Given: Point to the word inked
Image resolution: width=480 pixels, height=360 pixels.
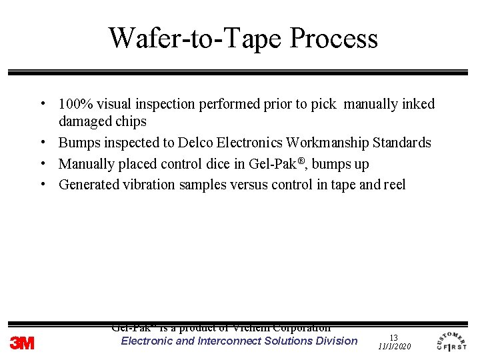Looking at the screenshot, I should click(x=418, y=104).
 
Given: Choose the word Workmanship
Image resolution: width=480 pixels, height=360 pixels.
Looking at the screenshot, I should click(x=327, y=143).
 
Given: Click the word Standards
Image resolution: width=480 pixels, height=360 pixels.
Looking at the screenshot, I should click(x=402, y=143).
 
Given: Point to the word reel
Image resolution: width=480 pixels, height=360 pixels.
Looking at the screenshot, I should click(x=395, y=185).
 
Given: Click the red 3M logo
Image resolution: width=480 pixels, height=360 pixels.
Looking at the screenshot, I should click(x=22, y=343).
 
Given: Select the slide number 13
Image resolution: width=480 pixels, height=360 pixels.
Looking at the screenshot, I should click(x=393, y=338).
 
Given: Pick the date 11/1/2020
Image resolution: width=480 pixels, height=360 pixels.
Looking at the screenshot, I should click(x=395, y=347).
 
